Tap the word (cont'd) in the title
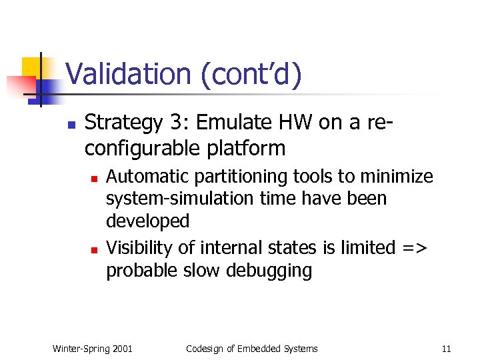(x=249, y=74)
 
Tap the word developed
(x=147, y=221)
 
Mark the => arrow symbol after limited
(x=415, y=248)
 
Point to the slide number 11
(x=446, y=348)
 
